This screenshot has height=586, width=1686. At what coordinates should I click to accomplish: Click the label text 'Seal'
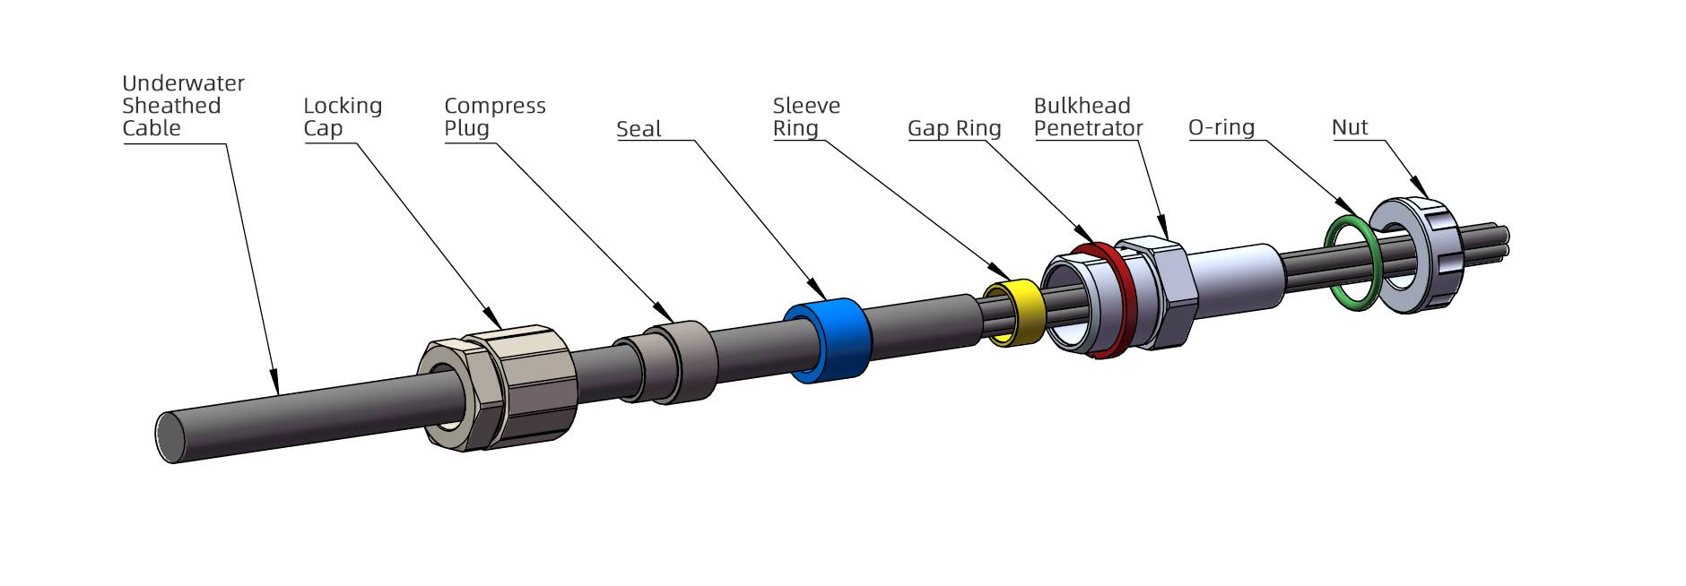(x=639, y=129)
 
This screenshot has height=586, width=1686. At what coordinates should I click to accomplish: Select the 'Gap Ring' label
(x=954, y=128)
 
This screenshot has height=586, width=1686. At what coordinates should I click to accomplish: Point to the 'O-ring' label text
(x=1221, y=127)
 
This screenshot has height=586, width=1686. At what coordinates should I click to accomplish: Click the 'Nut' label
(x=1350, y=127)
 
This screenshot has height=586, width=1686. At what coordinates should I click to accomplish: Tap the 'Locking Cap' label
(x=343, y=117)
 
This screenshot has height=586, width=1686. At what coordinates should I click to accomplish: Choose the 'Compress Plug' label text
(x=495, y=117)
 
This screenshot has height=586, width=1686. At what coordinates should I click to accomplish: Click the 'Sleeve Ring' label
(x=806, y=117)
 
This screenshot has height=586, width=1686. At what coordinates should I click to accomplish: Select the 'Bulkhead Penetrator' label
(x=1088, y=117)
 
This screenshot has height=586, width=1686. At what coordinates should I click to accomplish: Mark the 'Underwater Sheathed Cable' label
(x=183, y=106)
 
